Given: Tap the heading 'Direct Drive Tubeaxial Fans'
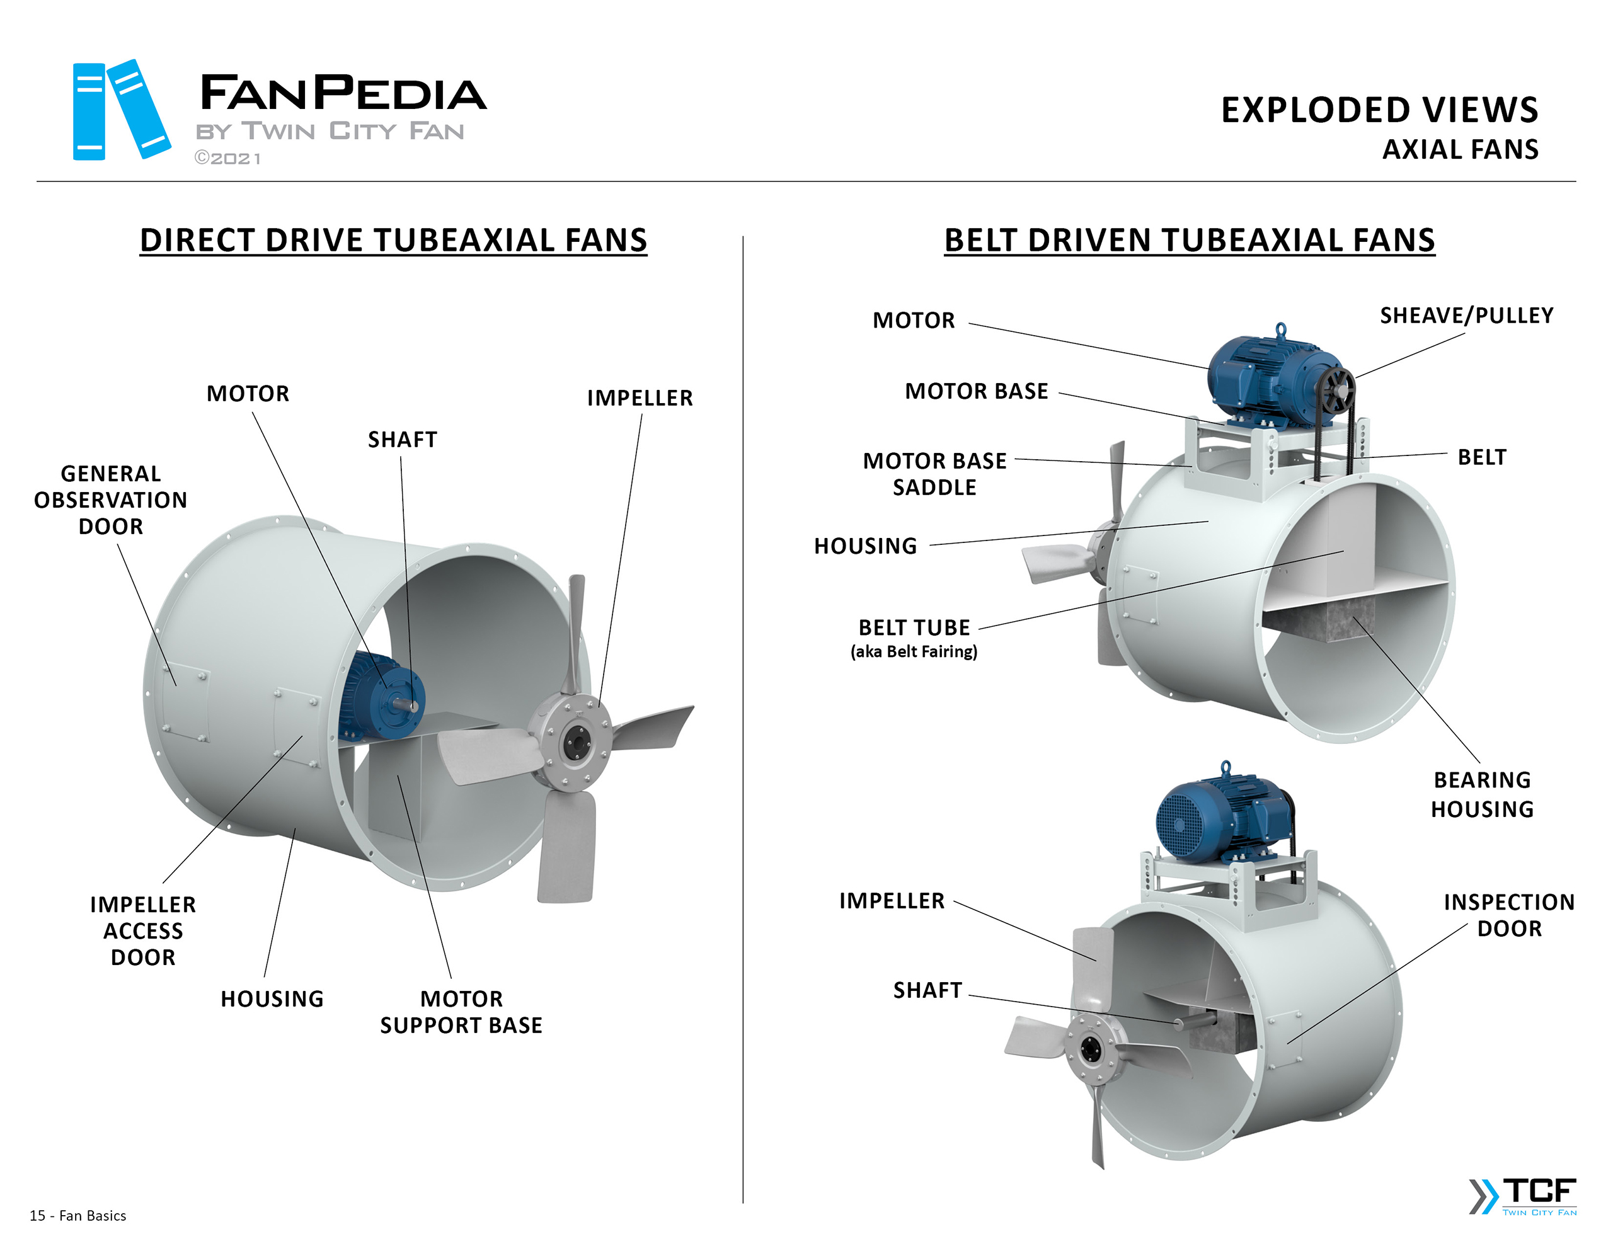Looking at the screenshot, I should click(x=393, y=241).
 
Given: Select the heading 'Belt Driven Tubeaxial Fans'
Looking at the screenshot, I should click(x=1189, y=241).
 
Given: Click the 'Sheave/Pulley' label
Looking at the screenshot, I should click(x=1466, y=316).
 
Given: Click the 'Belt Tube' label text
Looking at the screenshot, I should click(x=914, y=628).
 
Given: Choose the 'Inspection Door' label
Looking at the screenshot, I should click(x=1509, y=915).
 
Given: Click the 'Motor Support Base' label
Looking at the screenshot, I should click(x=461, y=1012).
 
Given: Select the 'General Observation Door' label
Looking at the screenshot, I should click(x=111, y=500).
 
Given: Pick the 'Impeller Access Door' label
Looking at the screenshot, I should click(x=143, y=930).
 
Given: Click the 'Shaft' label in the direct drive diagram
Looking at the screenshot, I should click(x=403, y=440).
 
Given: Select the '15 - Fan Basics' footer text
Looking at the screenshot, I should click(x=77, y=1216).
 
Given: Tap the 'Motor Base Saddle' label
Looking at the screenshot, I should click(x=934, y=474).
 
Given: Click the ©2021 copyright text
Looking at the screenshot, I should click(x=227, y=159).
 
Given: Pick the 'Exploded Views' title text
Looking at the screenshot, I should click(x=1379, y=111).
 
